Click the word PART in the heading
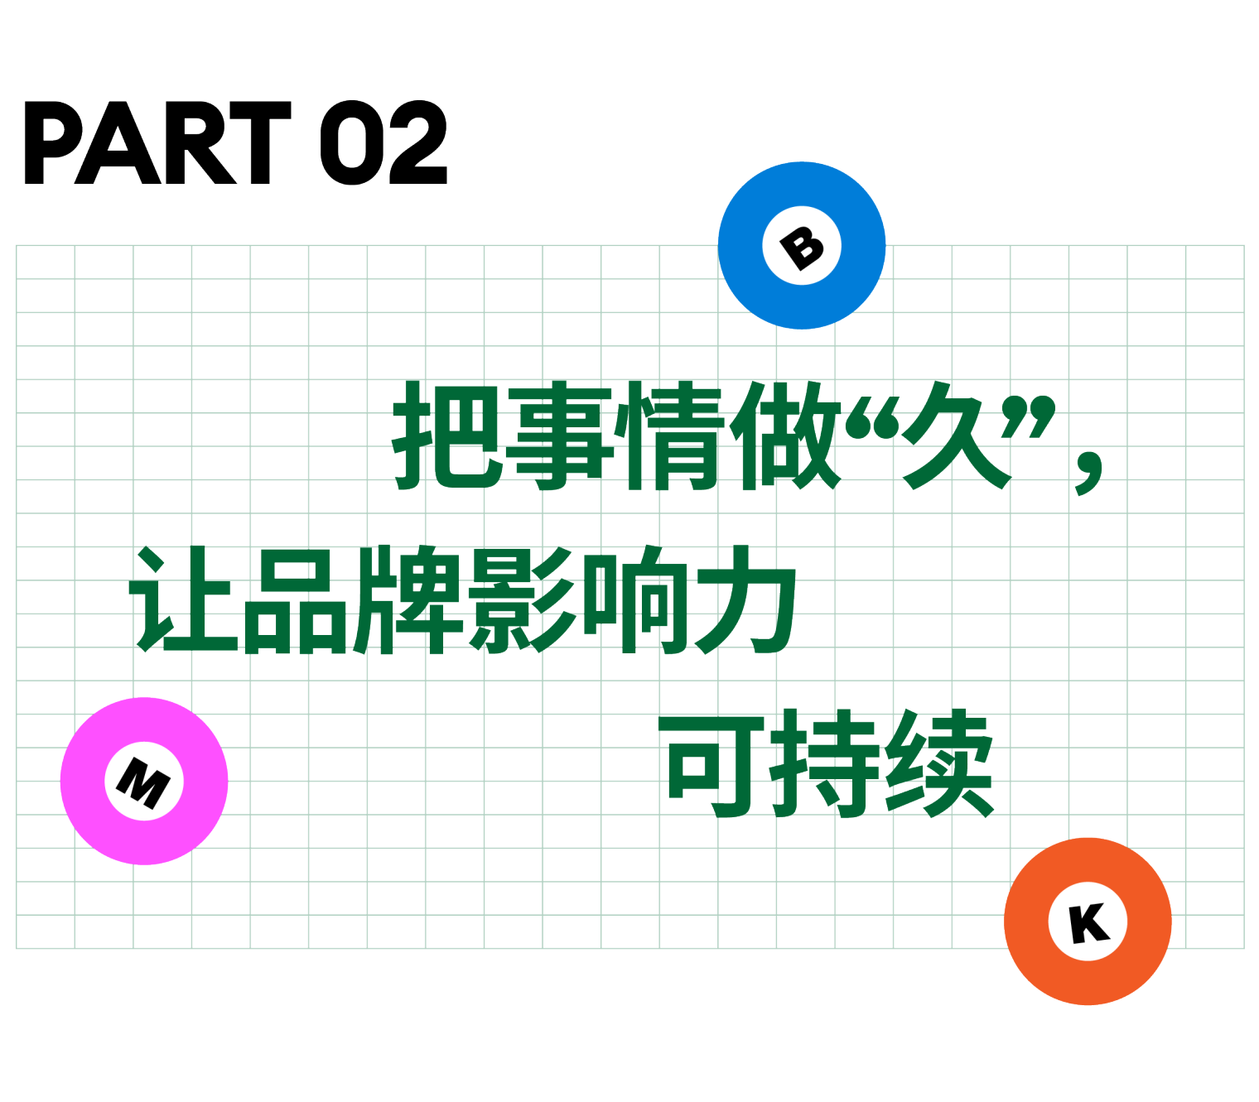pos(157,143)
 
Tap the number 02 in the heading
pos(383,143)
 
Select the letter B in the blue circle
pos(802,247)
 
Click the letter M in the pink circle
pos(144,782)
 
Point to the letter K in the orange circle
pos(1088,922)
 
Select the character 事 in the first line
pos(563,435)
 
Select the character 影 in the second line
pos(522,599)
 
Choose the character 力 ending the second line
pos(745,599)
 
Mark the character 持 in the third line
pos(824,763)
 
